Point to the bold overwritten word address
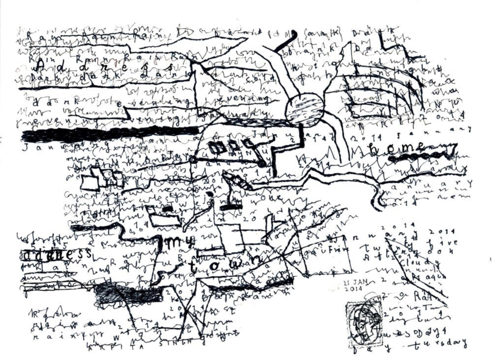click(57, 255)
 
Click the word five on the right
click(443, 243)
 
